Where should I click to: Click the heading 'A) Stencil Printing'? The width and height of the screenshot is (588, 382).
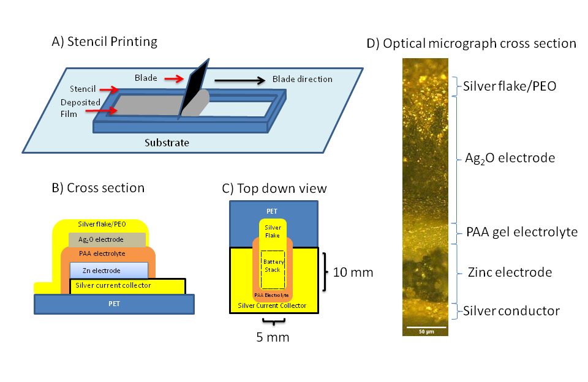[x=105, y=42]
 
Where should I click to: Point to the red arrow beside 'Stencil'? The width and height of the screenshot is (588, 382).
[x=107, y=89]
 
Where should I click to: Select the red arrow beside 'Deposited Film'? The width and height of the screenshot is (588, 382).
[x=108, y=110]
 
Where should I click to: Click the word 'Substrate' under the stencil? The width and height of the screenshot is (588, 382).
[x=167, y=143]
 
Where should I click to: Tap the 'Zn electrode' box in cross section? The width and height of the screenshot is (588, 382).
[x=108, y=270]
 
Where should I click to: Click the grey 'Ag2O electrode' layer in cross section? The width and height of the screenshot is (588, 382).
[x=107, y=239]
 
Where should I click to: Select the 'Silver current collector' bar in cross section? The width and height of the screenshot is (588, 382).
[x=128, y=285]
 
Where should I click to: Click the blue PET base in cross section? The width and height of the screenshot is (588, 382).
[x=115, y=303]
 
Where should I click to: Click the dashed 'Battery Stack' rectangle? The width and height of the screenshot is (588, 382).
[x=273, y=270]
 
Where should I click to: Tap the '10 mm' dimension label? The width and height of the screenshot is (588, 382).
[x=352, y=272]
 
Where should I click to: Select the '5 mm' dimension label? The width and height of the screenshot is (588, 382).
[x=273, y=337]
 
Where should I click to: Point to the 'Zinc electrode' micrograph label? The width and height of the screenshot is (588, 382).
[x=508, y=272]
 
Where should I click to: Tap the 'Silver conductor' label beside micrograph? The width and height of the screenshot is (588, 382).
[x=511, y=311]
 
